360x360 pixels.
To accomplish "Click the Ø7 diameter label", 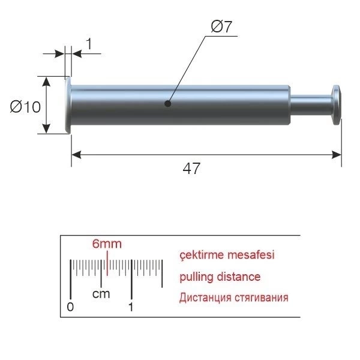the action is coord(221,26).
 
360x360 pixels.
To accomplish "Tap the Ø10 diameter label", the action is coord(25,107).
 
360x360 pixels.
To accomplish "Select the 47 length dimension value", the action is coord(191,168).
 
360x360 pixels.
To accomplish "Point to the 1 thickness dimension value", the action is coord(89,44).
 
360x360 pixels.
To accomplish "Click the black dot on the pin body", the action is coord(168,104).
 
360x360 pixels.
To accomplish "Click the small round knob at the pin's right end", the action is coord(337,105).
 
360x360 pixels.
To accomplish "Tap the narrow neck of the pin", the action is coord(311,106).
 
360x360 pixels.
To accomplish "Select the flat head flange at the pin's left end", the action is coord(68,105).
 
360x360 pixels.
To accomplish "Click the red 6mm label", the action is coord(107,244).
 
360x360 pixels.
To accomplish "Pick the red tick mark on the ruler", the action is coord(107,263).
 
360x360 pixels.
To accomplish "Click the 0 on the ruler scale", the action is coord(70,307).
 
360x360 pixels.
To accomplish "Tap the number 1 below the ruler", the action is coord(131,307).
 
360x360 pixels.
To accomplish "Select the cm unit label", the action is coord(101,294).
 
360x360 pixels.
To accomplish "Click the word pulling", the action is coord(197,277).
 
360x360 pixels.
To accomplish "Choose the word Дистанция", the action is coord(205,298).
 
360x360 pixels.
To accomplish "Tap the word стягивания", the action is coord(262,298).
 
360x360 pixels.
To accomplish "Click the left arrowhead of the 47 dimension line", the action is coord(76,155).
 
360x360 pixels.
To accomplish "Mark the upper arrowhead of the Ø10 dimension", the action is coord(46,82).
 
